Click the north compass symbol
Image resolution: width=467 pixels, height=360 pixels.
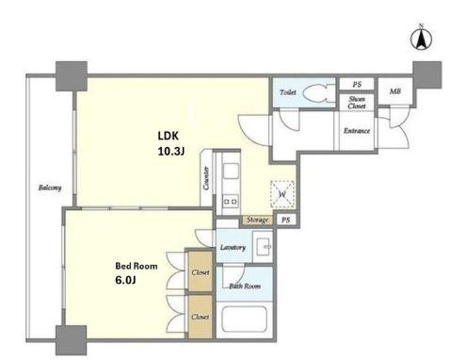coord(421,39)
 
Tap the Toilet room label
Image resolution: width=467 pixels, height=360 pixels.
coord(288,92)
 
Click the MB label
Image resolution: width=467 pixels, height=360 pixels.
coord(395,91)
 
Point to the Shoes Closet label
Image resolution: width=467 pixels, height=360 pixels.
coord(357,103)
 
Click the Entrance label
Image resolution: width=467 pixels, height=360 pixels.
coord(357,131)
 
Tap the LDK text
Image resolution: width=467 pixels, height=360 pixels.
coord(168,136)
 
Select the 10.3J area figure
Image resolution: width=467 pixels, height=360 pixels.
coord(170,152)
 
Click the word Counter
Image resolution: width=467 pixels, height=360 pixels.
coord(206,178)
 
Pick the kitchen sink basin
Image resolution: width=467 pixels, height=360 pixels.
coord(231,172)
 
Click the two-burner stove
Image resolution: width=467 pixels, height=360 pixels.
coord(231,201)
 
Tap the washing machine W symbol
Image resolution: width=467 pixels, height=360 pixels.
coord(282,194)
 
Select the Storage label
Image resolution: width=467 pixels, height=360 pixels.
coord(257,220)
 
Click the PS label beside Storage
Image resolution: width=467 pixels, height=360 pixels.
coord(285,220)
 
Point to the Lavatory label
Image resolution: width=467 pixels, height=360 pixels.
coord(233,248)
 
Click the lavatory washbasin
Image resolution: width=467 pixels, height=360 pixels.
coord(263,247)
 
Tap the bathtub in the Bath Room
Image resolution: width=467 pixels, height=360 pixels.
coord(245,319)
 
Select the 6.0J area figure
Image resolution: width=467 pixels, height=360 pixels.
coord(125,280)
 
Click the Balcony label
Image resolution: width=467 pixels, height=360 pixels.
coord(50,188)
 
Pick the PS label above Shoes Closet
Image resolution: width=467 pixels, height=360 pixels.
coord(357,84)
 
